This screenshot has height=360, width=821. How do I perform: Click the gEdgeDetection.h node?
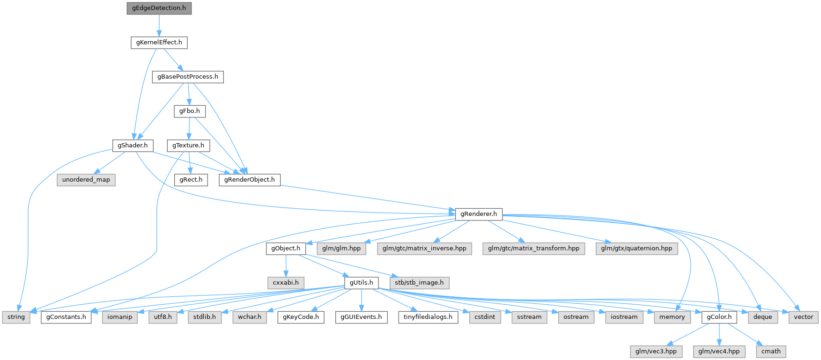click(x=159, y=8)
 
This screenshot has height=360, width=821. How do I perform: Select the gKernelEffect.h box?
click(x=159, y=43)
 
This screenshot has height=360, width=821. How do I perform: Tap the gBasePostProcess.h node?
click(x=187, y=77)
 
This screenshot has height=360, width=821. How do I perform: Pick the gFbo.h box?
click(x=189, y=111)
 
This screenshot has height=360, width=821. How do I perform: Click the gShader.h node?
click(x=133, y=146)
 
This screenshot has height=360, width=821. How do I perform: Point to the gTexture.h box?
click(x=188, y=146)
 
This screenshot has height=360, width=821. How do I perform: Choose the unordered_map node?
click(x=86, y=180)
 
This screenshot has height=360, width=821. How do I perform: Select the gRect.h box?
click(x=191, y=180)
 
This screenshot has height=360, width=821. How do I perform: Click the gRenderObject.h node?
click(x=249, y=180)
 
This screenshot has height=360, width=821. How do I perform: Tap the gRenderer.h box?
click(x=479, y=214)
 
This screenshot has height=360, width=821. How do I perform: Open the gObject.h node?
click(x=286, y=249)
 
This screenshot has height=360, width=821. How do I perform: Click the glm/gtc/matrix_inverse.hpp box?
click(x=424, y=249)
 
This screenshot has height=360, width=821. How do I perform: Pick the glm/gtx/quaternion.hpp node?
click(x=636, y=249)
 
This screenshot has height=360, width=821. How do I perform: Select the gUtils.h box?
click(x=362, y=283)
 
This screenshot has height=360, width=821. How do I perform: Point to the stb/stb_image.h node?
click(x=419, y=283)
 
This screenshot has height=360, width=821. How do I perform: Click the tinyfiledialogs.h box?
click(x=428, y=317)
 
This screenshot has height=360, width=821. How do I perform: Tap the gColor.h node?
click(x=719, y=317)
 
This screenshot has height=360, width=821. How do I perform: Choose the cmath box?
click(x=771, y=352)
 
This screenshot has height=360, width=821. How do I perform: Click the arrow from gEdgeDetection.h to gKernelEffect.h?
click(x=159, y=25)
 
